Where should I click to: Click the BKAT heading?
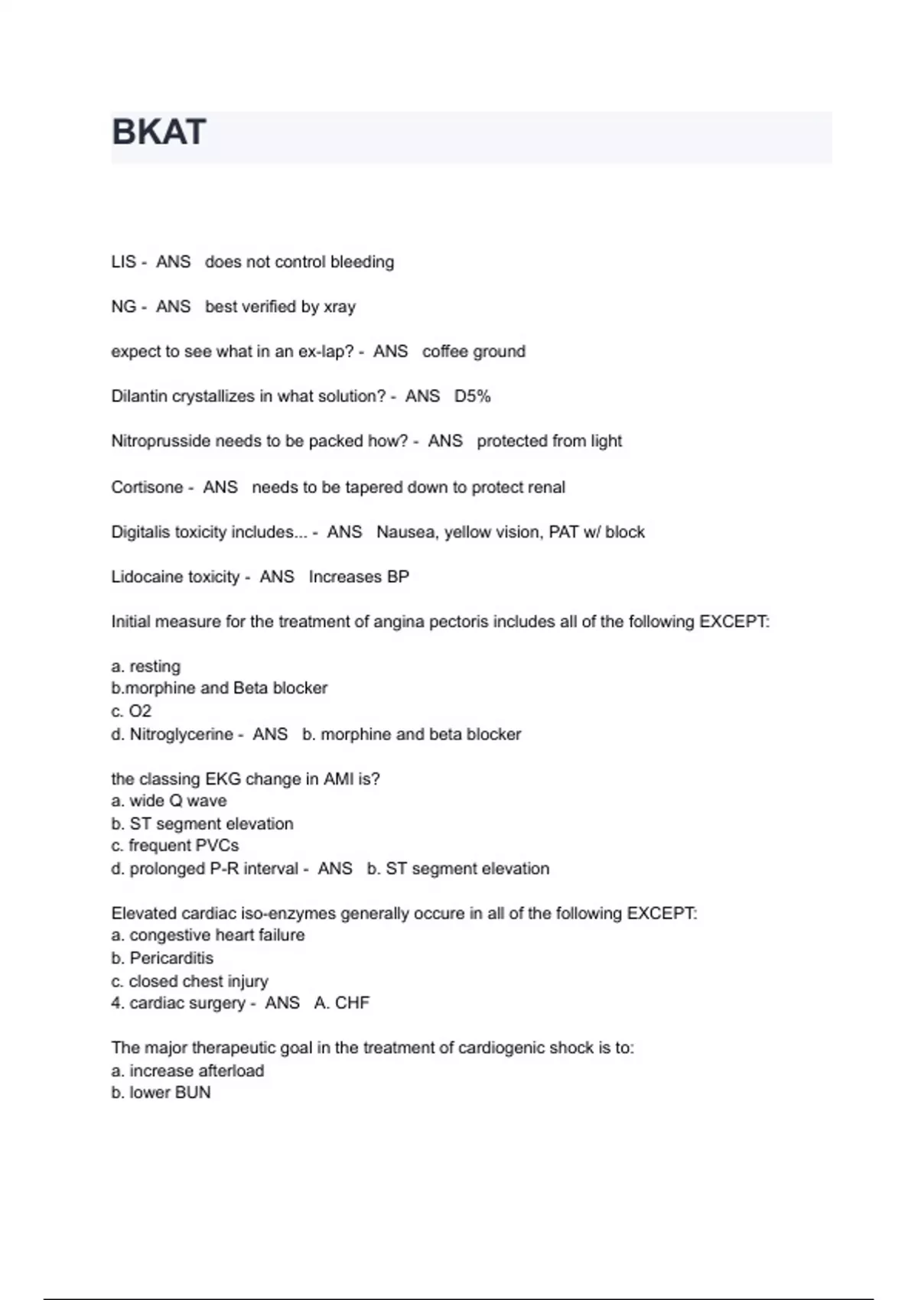[159, 132]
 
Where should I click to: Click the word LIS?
[123, 262]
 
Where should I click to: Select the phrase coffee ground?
[474, 352]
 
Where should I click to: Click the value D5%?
[472, 396]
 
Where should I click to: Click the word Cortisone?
[147, 487]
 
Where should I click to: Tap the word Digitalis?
[140, 532]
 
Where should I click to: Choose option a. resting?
[145, 666]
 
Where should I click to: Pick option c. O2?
[131, 711]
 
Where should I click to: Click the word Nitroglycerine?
[181, 734]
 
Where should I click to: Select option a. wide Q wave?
[168, 801]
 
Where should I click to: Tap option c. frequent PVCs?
[174, 846]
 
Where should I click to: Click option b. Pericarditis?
[162, 958]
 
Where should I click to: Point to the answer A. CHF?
[341, 1003]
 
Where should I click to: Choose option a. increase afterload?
[187, 1071]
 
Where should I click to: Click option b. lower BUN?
[161, 1093]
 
